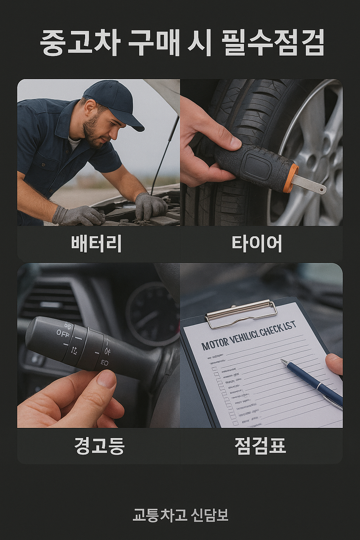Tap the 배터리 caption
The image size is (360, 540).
[x=96, y=243]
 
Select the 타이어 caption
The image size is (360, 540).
[x=257, y=243]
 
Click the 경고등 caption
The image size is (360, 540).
[x=99, y=446]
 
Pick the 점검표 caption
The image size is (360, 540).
[x=260, y=446]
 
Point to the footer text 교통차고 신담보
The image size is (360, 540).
[x=180, y=515]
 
